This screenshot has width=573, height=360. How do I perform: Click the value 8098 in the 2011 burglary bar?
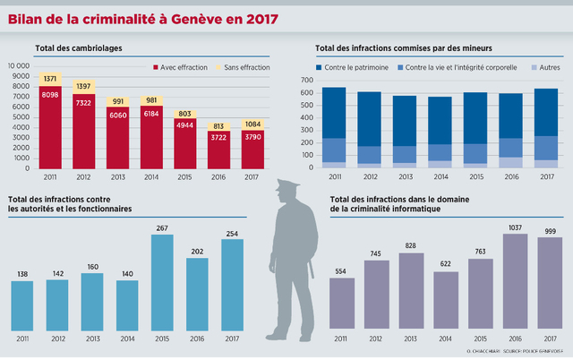pyautogui.click(x=50, y=94)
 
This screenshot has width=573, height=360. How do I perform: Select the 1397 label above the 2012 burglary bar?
pyautogui.click(x=84, y=86)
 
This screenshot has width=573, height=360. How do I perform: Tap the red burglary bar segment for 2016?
pyautogui.click(x=218, y=150)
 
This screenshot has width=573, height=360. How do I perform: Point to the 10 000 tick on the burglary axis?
pyautogui.click(x=17, y=66)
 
